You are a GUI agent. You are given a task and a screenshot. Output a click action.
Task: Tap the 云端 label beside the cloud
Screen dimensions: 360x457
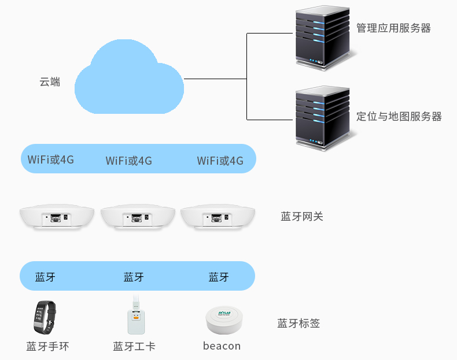pos(50,82)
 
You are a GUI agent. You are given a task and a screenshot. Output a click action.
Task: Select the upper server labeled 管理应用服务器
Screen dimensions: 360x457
pos(323,37)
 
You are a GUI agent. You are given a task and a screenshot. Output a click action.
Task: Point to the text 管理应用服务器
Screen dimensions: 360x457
pos(393,28)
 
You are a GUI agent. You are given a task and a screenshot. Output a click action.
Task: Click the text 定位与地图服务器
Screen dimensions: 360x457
pos(399,117)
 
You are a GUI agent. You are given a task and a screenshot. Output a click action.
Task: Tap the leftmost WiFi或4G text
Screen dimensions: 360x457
pos(51,159)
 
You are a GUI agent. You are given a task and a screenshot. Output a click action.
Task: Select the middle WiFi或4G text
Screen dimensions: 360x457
pos(128,161)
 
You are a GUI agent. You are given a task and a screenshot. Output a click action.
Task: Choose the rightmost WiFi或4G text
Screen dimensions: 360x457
pos(220,161)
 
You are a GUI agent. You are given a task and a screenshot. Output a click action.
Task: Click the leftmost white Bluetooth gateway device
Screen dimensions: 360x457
pos(57,218)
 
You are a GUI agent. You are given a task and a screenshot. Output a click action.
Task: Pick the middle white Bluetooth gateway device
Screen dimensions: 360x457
pos(137,218)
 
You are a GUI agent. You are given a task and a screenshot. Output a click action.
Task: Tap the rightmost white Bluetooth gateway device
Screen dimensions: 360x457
pos(218,218)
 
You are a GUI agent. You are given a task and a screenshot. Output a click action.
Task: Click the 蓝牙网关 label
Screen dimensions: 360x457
pos(301,217)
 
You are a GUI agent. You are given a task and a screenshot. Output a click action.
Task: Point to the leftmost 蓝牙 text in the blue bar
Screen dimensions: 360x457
pos(46,277)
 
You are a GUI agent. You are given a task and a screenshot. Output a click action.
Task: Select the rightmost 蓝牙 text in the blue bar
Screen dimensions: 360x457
pos(219,277)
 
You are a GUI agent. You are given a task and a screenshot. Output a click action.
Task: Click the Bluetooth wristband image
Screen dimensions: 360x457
pos(44,317)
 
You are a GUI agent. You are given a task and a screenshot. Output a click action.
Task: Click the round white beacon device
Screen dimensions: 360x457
pos(223,320)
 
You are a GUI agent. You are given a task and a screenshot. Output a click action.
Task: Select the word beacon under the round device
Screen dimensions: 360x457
pos(222,346)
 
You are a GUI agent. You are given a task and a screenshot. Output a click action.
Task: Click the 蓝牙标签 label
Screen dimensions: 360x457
pos(298,324)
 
